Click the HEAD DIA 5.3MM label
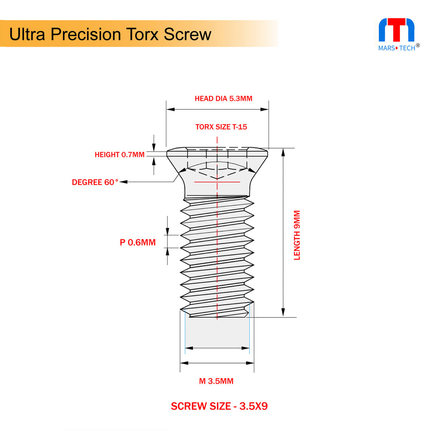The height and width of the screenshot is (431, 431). [x=223, y=99]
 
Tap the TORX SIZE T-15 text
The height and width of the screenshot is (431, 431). [x=221, y=127]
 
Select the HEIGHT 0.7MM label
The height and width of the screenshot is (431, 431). [x=119, y=155]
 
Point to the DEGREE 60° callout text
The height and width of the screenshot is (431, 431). [x=95, y=182]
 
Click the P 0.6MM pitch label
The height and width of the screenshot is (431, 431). [x=138, y=242]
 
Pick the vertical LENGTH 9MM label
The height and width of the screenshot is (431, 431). [x=297, y=235]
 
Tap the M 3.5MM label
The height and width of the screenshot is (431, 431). [x=216, y=381]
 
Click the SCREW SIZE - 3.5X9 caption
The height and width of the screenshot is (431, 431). [x=219, y=406]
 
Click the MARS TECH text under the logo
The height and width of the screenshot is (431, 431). [x=396, y=47]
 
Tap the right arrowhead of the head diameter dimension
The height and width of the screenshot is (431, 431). [x=265, y=109]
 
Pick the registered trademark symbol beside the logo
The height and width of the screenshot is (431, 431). [x=418, y=45]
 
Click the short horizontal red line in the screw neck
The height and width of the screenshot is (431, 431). [x=217, y=182]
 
